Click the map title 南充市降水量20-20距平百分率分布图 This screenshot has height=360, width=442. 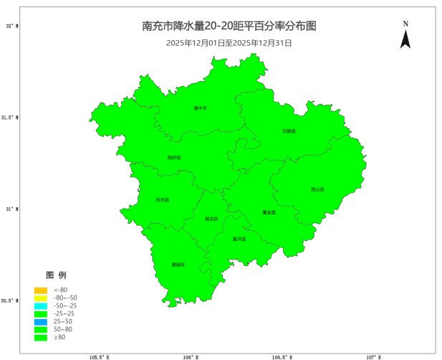[229, 27]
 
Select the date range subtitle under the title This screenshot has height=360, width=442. [229, 43]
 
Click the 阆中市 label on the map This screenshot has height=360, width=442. [200, 108]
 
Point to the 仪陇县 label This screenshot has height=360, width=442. [289, 131]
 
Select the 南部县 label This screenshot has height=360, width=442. [174, 157]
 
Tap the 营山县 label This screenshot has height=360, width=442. [317, 189]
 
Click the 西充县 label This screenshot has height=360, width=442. [163, 199]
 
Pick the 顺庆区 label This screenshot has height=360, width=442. [211, 219]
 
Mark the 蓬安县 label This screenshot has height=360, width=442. [269, 212]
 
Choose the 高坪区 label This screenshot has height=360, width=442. [239, 239]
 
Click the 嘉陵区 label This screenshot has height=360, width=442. [178, 265]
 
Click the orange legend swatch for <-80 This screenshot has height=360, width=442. [40, 290]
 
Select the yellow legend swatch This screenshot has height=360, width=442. [40, 298]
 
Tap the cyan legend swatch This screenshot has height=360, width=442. [40, 305]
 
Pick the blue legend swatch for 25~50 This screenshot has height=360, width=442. [40, 321]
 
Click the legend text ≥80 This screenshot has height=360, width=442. [60, 337]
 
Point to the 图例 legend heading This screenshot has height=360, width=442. [57, 275]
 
